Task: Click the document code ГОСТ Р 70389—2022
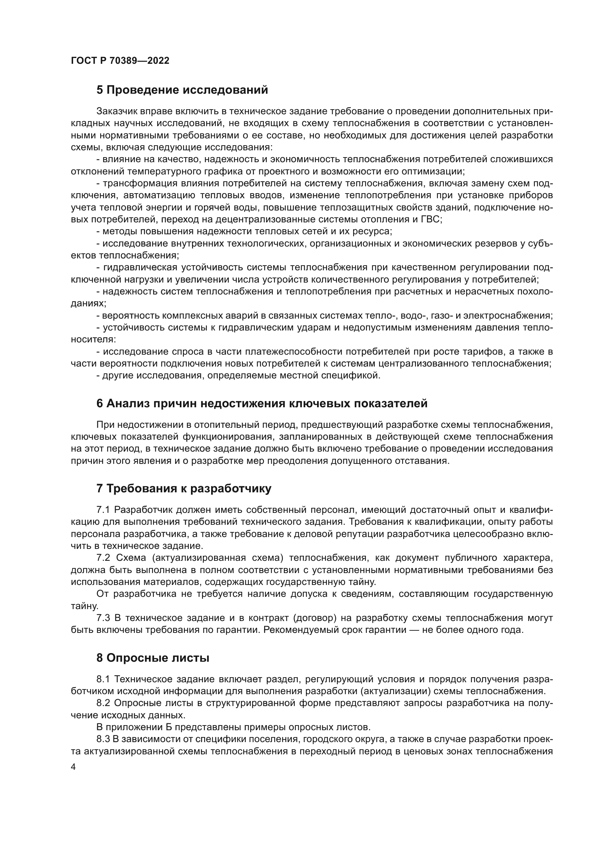point(120,61)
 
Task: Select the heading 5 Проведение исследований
point(182,90)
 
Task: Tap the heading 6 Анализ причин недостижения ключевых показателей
point(262,404)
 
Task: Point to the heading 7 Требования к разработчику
point(184,489)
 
